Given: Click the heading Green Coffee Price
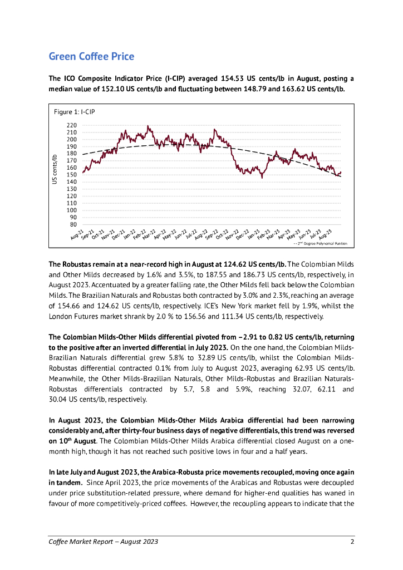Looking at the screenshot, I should [91, 56].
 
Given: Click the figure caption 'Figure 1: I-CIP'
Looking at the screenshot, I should [74, 112].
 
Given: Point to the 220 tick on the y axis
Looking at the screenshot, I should [72, 125].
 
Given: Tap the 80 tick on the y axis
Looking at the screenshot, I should [74, 224].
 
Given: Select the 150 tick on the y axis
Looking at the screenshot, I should [72, 175].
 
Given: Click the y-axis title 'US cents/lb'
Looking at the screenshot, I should [55, 169].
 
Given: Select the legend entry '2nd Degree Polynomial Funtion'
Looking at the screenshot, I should [322, 243].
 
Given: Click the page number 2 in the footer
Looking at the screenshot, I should [352, 542].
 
